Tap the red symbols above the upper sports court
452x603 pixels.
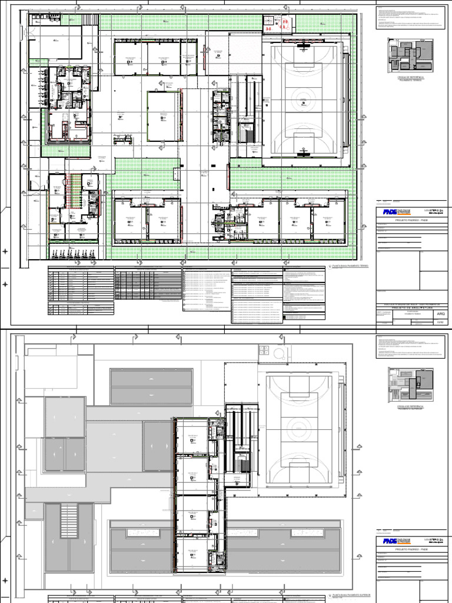[275, 24]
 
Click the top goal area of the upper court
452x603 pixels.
[303, 47]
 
